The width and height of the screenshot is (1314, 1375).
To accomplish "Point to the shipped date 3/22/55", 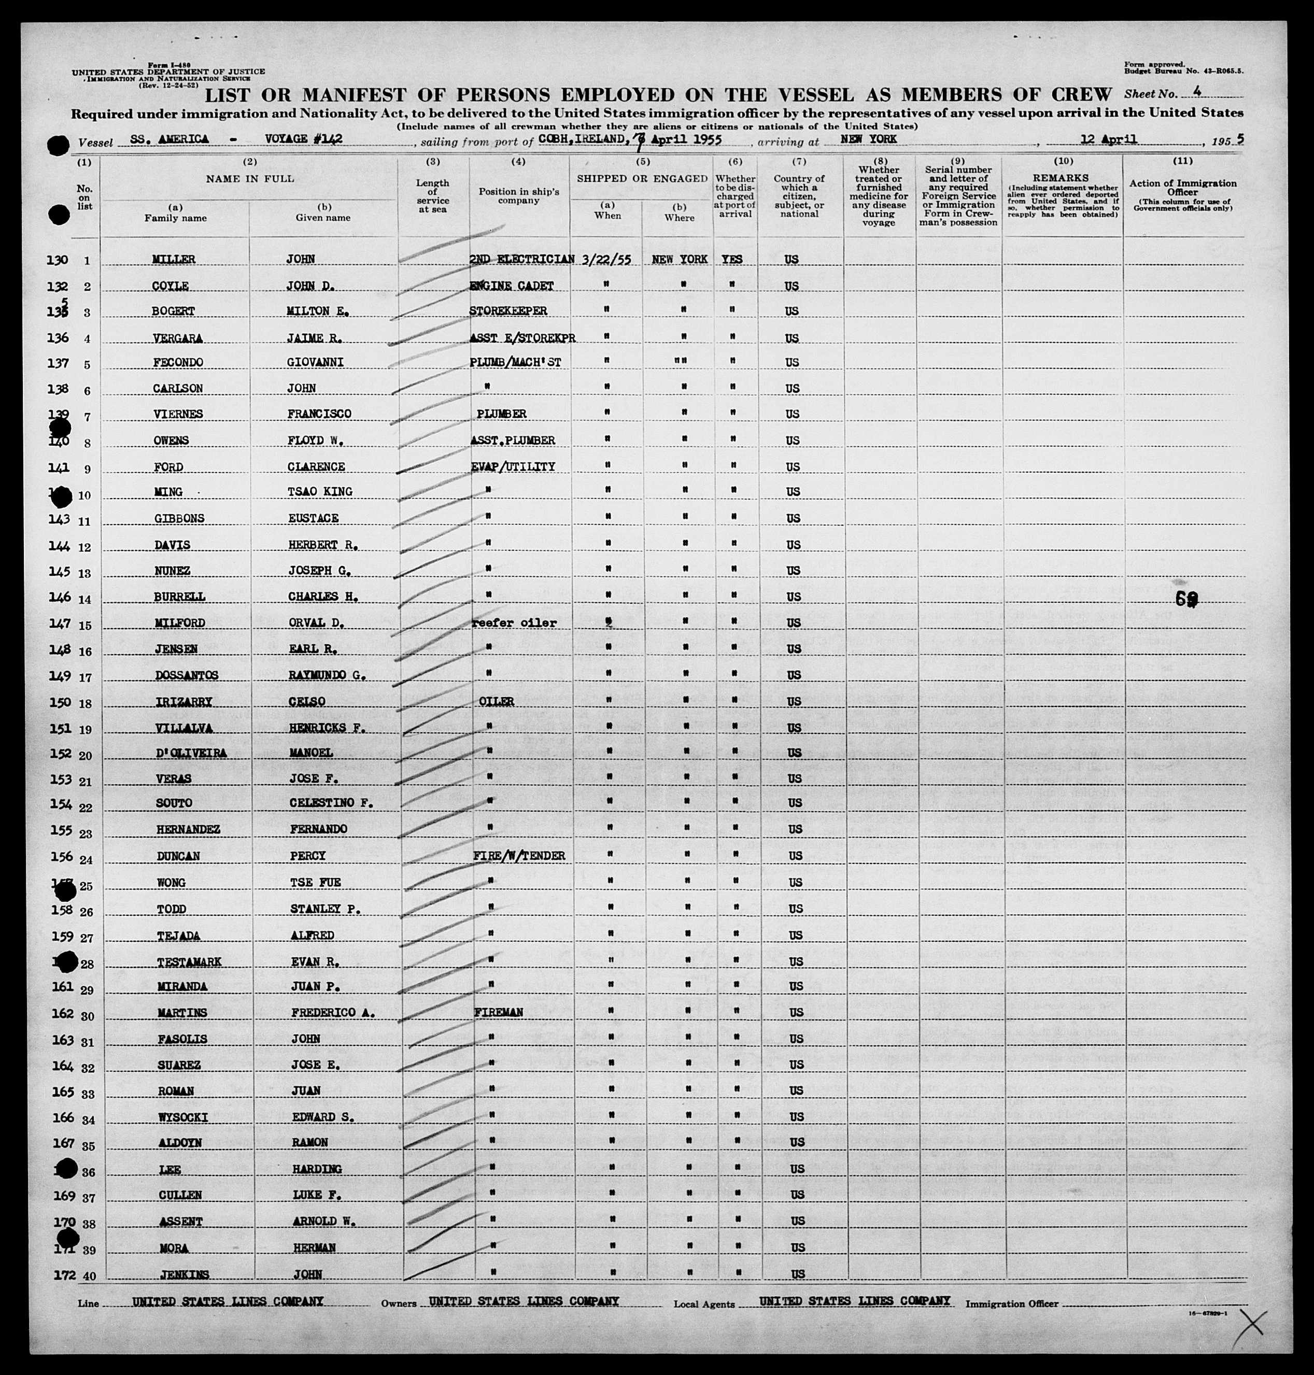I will coord(606,259).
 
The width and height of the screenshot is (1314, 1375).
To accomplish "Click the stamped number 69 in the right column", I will coord(1186,599).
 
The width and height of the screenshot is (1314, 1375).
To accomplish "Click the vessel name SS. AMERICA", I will coord(169,139).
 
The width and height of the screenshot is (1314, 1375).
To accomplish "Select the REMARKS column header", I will coord(1061,179).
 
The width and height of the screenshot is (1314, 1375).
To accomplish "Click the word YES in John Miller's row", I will coord(732,259).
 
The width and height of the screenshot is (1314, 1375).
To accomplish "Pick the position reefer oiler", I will coord(515,622).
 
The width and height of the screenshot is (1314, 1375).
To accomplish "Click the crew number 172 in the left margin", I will coord(64,1275).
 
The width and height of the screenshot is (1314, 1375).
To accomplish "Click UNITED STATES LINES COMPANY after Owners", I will coord(524,1301).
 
